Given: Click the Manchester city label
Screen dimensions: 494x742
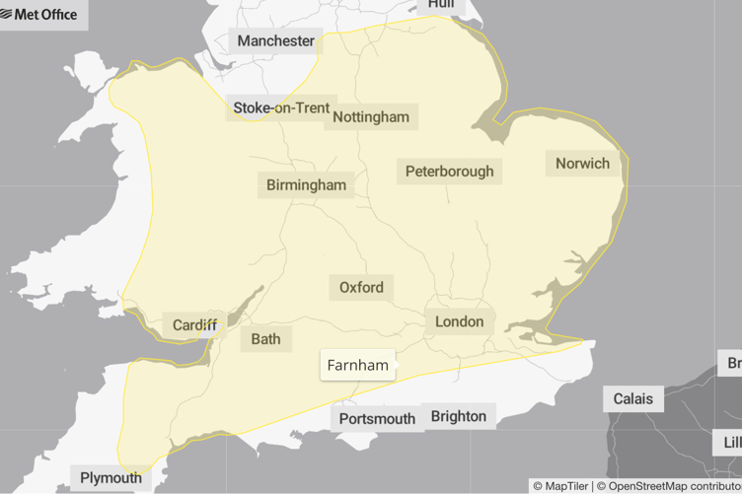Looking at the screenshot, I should click(276, 41).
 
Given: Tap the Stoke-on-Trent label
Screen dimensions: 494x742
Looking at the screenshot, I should click(281, 107).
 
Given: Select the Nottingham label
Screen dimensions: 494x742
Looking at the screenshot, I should click(371, 116).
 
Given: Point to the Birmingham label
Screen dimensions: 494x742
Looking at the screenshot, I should click(307, 184).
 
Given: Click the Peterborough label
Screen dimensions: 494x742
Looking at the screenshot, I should click(449, 172).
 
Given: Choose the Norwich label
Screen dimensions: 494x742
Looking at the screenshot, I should click(582, 163).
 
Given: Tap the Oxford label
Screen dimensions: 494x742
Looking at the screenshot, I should click(361, 288).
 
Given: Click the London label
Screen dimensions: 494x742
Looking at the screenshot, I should click(460, 321).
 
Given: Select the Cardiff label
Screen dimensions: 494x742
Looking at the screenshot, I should click(194, 325).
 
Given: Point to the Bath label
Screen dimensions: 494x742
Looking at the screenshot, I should click(265, 339).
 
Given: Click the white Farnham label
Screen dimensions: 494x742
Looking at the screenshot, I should click(357, 365).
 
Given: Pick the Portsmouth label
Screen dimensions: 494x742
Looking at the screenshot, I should click(377, 419).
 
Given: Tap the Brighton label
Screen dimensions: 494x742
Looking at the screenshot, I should click(459, 416).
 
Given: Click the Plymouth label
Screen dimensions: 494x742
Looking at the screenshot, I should click(111, 478).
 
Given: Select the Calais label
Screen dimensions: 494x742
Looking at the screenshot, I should click(632, 399).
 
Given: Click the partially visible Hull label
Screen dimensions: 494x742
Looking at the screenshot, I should click(441, 5).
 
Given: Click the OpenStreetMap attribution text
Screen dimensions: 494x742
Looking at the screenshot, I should click(671, 486).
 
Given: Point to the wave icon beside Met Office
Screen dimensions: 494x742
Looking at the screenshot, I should click(8, 15).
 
